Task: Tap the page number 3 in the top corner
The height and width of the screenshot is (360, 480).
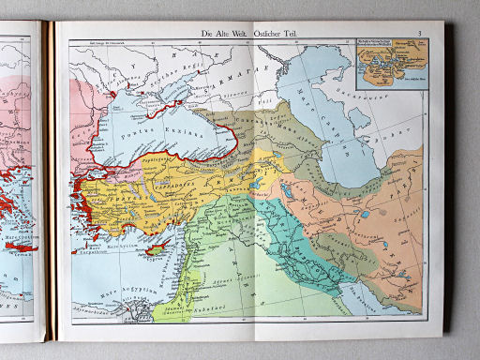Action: tap(421, 34)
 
